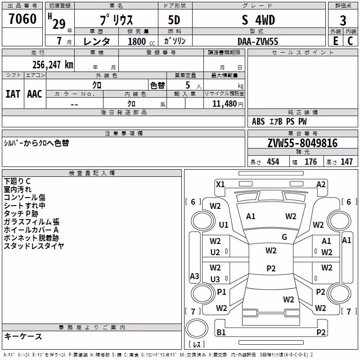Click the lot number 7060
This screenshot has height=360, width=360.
22,18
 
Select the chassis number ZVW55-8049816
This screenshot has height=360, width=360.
302,143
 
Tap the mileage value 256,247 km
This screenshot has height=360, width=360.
53,65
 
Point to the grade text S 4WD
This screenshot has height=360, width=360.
258,20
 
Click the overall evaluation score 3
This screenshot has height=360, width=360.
343,21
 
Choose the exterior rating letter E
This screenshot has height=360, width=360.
335,41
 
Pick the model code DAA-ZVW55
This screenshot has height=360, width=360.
258,41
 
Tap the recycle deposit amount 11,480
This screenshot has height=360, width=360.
225,104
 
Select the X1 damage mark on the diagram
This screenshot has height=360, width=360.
220,184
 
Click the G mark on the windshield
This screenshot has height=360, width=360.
284,237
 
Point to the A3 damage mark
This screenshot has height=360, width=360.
194,276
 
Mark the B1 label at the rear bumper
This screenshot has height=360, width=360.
221,332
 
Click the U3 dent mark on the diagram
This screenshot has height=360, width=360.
215,279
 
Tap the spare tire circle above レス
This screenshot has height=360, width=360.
197,328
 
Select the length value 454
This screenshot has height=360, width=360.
273,162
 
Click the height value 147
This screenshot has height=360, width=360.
346,162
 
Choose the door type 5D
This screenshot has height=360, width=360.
174,20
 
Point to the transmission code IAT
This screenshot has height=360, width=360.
13,94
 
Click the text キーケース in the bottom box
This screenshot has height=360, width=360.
23,336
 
